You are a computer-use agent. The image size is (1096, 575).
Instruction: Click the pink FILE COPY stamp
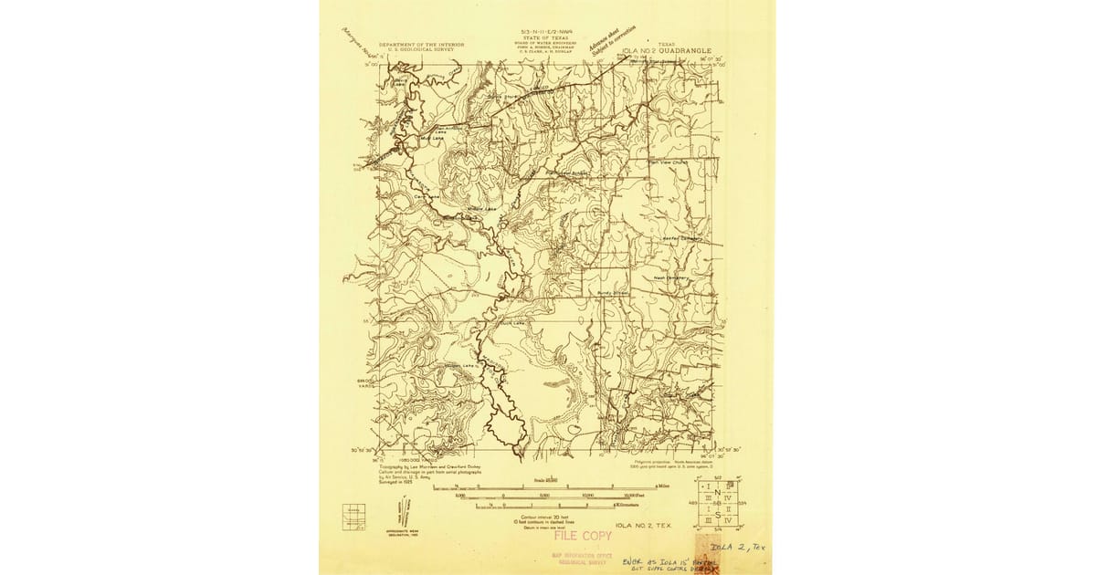[x=582, y=536]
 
